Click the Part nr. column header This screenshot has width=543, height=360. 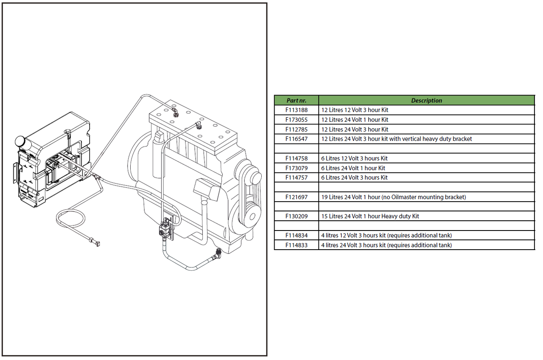296,101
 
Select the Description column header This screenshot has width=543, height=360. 426,101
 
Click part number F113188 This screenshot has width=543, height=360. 296,110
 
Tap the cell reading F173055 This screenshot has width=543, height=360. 296,120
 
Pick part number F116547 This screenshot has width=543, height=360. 296,139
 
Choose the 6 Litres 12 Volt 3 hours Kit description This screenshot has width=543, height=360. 354,158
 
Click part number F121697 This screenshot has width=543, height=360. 296,197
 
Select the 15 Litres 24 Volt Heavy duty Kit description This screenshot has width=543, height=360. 370,216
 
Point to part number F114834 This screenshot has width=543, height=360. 296,235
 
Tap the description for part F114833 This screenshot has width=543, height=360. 386,245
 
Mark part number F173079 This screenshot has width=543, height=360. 296,168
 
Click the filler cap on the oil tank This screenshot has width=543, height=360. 20,141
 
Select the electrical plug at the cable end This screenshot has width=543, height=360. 97,244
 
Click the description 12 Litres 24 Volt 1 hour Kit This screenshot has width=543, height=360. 355,120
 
